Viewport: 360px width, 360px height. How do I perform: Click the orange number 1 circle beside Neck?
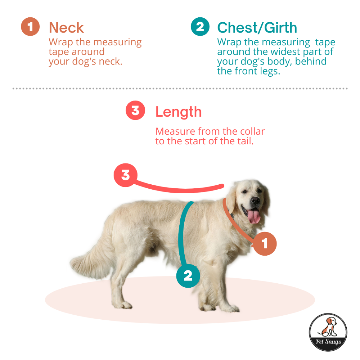click(x=30, y=27)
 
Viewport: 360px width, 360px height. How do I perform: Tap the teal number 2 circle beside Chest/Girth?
click(x=200, y=27)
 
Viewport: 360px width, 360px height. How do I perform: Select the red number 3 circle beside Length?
click(x=135, y=111)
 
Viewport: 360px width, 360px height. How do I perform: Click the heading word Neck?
click(x=66, y=28)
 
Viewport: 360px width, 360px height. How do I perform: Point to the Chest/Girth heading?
click(x=257, y=28)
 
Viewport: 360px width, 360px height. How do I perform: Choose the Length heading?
click(x=179, y=112)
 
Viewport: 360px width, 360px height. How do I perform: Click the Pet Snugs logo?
click(x=328, y=332)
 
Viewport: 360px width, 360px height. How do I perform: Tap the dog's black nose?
click(x=255, y=201)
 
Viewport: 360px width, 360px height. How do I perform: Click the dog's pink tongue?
click(x=254, y=216)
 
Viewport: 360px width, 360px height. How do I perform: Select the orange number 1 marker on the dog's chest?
click(x=265, y=244)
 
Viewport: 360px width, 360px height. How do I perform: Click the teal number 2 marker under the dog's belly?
click(x=188, y=276)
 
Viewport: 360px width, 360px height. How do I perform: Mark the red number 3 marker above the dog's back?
click(x=126, y=175)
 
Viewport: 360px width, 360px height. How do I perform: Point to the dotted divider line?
click(x=180, y=89)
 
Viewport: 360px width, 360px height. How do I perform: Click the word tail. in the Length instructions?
click(x=246, y=141)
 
